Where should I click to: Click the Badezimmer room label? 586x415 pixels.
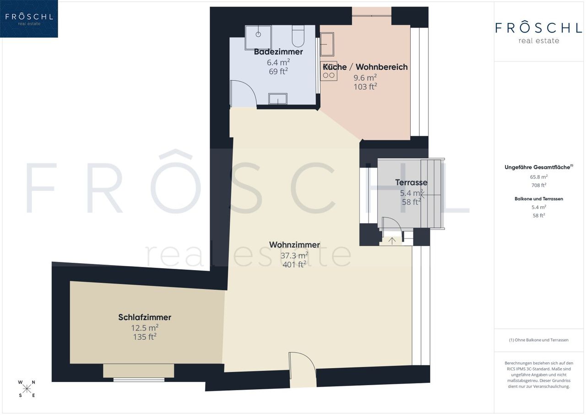(278, 52)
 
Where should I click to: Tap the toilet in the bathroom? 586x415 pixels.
(298, 36)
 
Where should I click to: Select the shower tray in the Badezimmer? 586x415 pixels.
(258, 38)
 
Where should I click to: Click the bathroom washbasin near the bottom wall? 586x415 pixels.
(278, 99)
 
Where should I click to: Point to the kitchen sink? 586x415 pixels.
(327, 44)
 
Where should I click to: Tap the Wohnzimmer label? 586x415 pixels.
(294, 245)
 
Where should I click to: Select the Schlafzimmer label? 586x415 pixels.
(145, 317)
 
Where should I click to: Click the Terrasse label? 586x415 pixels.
(411, 183)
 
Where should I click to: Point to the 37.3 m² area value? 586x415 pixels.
(294, 255)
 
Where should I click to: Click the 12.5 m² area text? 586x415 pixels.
(145, 328)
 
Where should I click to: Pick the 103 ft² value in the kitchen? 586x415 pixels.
(365, 87)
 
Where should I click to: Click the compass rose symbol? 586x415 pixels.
(27, 389)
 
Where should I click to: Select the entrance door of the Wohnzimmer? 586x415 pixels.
(303, 370)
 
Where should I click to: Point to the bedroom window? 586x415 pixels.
(139, 380)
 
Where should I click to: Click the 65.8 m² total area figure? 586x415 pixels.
(539, 177)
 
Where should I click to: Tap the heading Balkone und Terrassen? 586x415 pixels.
(539, 199)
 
